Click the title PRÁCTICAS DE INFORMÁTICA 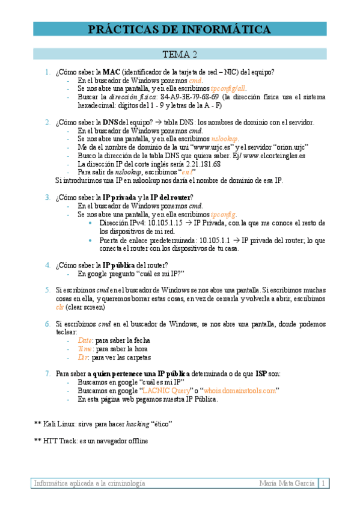(180, 29)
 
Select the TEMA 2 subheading (180, 55)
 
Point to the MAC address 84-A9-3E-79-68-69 (189, 96)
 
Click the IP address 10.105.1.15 (164, 222)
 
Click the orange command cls (59, 307)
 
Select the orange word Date (85, 340)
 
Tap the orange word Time (85, 349)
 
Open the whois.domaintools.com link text (240, 390)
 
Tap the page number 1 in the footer (323, 483)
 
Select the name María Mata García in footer (287, 483)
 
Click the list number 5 (47, 290)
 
